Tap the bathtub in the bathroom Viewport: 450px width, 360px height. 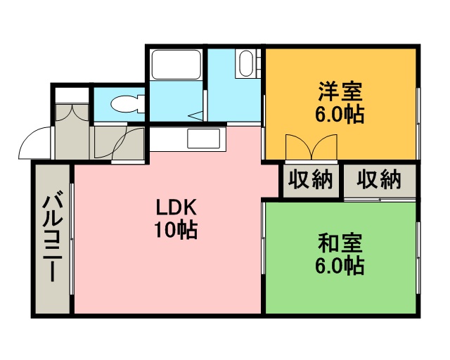point(176,64)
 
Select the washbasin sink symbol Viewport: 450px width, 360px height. point(246,63)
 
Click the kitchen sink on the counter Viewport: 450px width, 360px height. point(203,139)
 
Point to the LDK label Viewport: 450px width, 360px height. point(176,207)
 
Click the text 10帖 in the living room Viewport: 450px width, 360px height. point(176,230)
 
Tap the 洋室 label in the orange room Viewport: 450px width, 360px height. point(340,91)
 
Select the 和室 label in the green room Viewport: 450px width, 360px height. point(340,243)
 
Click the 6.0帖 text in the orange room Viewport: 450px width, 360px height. point(340,115)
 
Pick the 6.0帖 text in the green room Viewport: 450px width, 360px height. point(340,266)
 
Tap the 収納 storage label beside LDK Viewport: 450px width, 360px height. point(311,179)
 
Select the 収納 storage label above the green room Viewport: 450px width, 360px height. point(379,179)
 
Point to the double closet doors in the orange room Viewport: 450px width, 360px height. point(311,146)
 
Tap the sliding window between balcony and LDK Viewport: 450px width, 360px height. point(72,238)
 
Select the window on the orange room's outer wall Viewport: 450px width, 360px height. point(418,123)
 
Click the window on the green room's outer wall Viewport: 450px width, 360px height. point(418,257)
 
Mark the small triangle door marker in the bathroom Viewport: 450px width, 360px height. point(195,116)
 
